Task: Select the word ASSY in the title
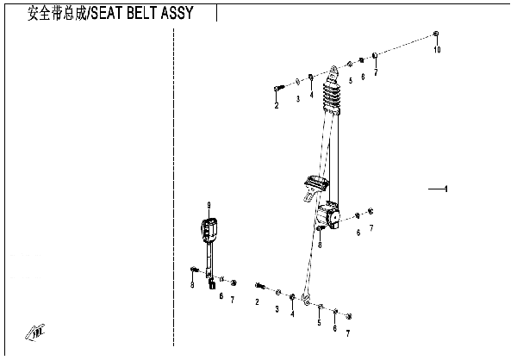pyautogui.click(x=177, y=13)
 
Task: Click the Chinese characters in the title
pyautogui.click(x=57, y=14)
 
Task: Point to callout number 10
pyautogui.click(x=437, y=50)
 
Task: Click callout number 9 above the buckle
pyautogui.click(x=209, y=206)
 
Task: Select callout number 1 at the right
pyautogui.click(x=446, y=189)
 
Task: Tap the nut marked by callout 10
pyautogui.click(x=436, y=34)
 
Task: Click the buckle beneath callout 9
pyautogui.click(x=209, y=231)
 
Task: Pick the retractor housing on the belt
pyautogui.click(x=328, y=216)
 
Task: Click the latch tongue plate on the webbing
pyautogui.click(x=315, y=186)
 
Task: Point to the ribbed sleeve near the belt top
pyautogui.click(x=331, y=96)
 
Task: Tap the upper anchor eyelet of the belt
pyautogui.click(x=333, y=71)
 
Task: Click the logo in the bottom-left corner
pyautogui.click(x=35, y=332)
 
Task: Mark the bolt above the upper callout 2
pyautogui.click(x=278, y=88)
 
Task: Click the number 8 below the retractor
pyautogui.click(x=320, y=245)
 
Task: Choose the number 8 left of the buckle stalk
pyautogui.click(x=192, y=284)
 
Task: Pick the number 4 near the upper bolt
pyautogui.click(x=311, y=95)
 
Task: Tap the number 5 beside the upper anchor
pyautogui.click(x=351, y=80)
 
